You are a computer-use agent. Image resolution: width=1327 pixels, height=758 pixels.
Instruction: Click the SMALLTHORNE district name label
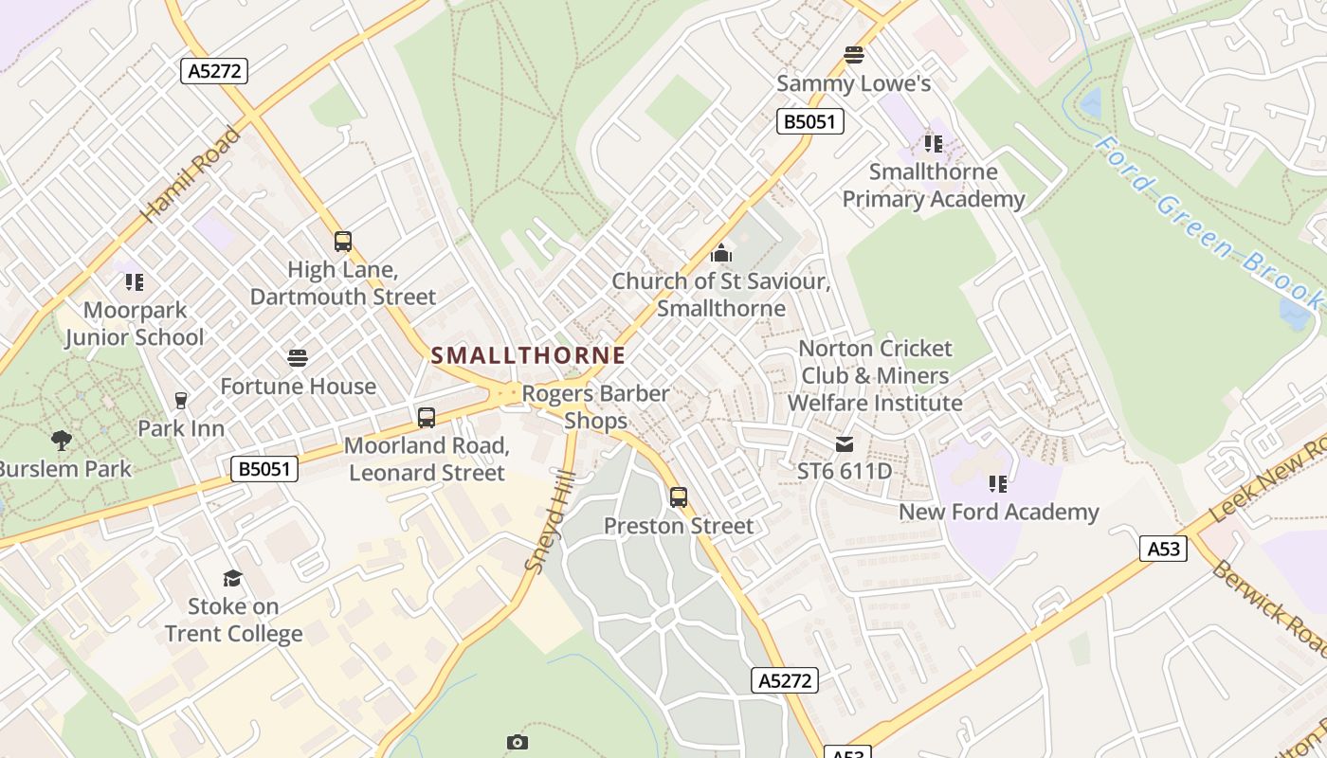coord(528,355)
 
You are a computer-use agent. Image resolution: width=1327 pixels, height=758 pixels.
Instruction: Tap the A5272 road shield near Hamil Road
coord(214,71)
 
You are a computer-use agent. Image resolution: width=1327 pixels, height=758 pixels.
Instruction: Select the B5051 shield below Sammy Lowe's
coord(810,121)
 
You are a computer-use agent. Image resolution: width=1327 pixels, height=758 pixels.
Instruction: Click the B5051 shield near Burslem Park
coord(264,469)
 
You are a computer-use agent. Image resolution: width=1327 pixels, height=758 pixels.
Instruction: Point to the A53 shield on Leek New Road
coord(1163,549)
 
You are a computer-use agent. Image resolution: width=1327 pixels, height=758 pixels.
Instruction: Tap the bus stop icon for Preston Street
coord(679,497)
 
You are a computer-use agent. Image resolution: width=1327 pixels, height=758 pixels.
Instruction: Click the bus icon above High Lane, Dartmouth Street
coord(343,242)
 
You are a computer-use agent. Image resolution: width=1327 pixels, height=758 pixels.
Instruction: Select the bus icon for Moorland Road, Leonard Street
coord(427,417)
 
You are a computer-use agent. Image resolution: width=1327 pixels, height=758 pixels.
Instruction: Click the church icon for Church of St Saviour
coord(721,253)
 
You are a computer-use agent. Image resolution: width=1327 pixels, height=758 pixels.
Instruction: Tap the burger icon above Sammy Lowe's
coord(854,55)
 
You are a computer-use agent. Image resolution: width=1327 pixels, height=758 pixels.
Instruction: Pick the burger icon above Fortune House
coord(298,358)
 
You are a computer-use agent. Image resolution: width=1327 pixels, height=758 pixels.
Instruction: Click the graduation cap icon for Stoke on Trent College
coord(232,578)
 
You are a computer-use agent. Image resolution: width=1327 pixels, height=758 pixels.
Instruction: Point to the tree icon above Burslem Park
coord(62,440)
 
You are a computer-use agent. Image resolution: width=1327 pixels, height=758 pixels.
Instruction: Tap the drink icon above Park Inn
coord(181,400)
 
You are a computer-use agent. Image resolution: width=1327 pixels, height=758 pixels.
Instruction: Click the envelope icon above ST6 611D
coord(845,443)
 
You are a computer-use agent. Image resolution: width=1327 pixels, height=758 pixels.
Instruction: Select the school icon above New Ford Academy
coord(998,484)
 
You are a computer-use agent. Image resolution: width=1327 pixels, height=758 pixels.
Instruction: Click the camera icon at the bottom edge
coord(517,742)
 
